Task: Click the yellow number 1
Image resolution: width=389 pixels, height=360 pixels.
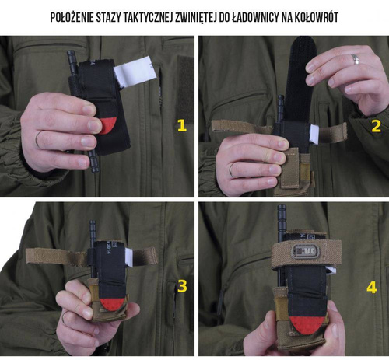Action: point(182,125)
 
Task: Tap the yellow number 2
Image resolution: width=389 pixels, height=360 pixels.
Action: point(375,125)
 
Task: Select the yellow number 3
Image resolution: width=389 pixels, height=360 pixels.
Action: point(182,286)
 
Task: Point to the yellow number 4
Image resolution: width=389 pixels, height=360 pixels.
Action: point(372,287)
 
